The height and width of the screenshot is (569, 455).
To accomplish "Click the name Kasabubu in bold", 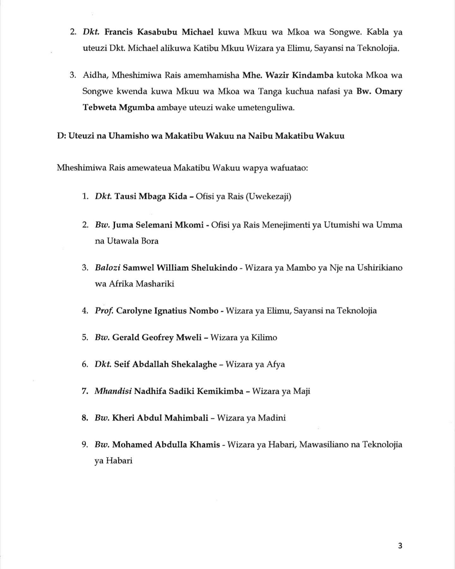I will point(155,32).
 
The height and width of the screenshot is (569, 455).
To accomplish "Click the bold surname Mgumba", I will point(136,108).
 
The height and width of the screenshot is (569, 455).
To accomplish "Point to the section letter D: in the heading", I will point(62,136).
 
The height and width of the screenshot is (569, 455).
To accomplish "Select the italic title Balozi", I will point(107,268).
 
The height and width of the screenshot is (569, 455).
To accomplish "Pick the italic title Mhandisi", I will point(113,391).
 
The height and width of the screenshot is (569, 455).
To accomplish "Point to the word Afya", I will point(276,364).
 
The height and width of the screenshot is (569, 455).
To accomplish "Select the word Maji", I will point(301,391).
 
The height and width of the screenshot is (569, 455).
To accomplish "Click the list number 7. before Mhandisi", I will point(85,391).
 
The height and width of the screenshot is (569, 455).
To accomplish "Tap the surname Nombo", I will point(203,311).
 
